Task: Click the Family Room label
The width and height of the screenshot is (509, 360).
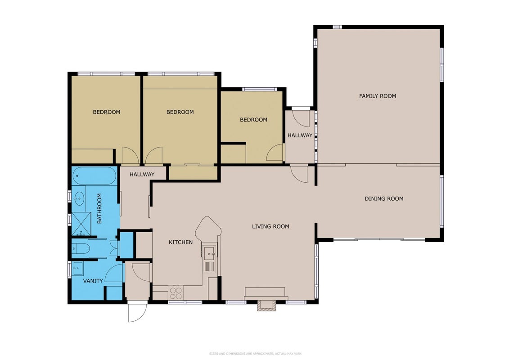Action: click(377, 96)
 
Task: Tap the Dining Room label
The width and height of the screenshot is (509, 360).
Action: click(384, 198)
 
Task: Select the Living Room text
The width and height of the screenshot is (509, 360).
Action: click(270, 226)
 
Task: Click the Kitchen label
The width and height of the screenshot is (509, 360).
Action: click(180, 242)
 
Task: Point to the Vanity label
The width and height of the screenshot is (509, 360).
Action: click(93, 281)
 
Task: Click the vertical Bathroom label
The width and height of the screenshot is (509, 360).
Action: click(99, 208)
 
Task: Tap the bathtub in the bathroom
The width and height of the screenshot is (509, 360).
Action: click(94, 176)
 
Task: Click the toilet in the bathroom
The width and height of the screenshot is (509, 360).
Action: click(81, 249)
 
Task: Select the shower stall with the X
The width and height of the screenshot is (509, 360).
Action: click(81, 224)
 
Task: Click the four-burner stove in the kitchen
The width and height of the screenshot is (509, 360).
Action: click(176, 293)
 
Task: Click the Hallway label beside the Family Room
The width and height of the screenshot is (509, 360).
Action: click(300, 135)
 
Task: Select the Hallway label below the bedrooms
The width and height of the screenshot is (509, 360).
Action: click(142, 174)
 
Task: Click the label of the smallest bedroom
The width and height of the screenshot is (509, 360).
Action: click(253, 120)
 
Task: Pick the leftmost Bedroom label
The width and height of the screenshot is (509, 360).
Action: click(107, 112)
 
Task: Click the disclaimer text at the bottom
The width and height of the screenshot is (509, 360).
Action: click(256, 354)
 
